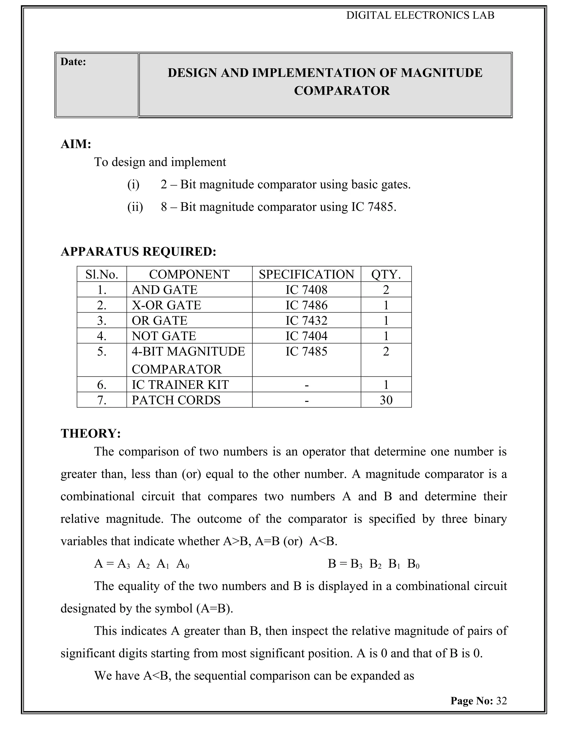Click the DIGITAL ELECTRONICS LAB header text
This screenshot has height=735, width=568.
tap(420, 15)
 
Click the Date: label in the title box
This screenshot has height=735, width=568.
tap(73, 62)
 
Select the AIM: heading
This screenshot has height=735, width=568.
tap(76, 144)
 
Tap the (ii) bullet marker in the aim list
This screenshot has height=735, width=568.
tap(135, 207)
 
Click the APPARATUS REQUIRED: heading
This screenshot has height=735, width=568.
tap(138, 251)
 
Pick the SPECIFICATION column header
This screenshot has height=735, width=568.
tap(306, 274)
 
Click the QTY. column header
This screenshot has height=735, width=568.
tap(386, 274)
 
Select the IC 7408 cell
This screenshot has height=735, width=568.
tap(306, 290)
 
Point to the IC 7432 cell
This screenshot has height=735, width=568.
tap(306, 320)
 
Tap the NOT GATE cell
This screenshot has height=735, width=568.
tap(164, 336)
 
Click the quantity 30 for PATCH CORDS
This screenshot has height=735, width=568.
tap(386, 400)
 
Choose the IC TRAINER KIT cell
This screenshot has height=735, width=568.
tap(180, 385)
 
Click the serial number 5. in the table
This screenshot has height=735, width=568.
tap(102, 351)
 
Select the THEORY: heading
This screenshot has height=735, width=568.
tap(90, 433)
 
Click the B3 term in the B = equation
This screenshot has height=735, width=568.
tap(356, 564)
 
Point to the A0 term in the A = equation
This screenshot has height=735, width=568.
tap(183, 564)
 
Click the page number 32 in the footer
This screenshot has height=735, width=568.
tap(501, 701)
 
